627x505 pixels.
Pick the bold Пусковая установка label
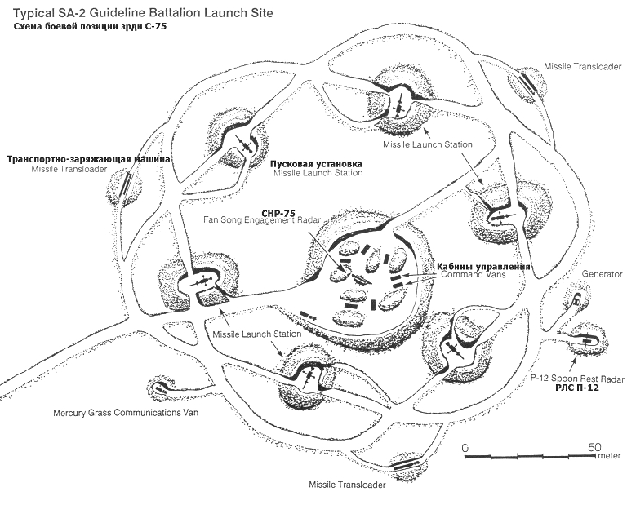[317, 163]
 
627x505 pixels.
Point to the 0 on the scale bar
[465, 448]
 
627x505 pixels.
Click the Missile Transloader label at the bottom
[347, 484]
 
